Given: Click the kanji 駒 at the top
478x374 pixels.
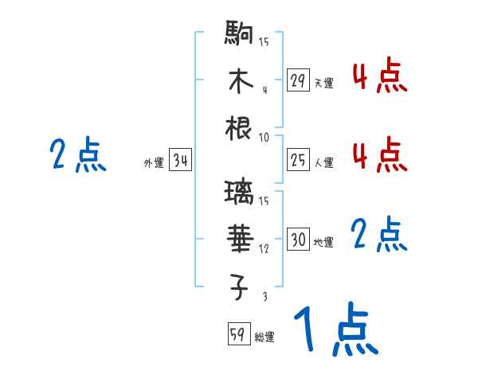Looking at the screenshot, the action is [240, 35].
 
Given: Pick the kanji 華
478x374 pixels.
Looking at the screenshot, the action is [240, 238].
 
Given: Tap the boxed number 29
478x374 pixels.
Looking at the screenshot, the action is [298, 80].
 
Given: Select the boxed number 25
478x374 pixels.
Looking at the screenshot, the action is [298, 161].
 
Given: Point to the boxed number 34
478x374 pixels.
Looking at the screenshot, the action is [180, 162].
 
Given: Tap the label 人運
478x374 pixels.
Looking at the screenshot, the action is [324, 163].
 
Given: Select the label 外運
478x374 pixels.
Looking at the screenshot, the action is [154, 163].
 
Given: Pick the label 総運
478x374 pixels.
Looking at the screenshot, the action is [264, 337].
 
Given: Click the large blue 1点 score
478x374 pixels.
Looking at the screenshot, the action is [335, 330].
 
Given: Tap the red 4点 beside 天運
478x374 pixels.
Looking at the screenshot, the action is [379, 77].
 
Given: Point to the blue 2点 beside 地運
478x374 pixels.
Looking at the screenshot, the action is [379, 236].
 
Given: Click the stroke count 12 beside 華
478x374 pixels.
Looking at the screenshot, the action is [264, 248].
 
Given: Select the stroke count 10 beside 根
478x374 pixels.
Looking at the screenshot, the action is [264, 137].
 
